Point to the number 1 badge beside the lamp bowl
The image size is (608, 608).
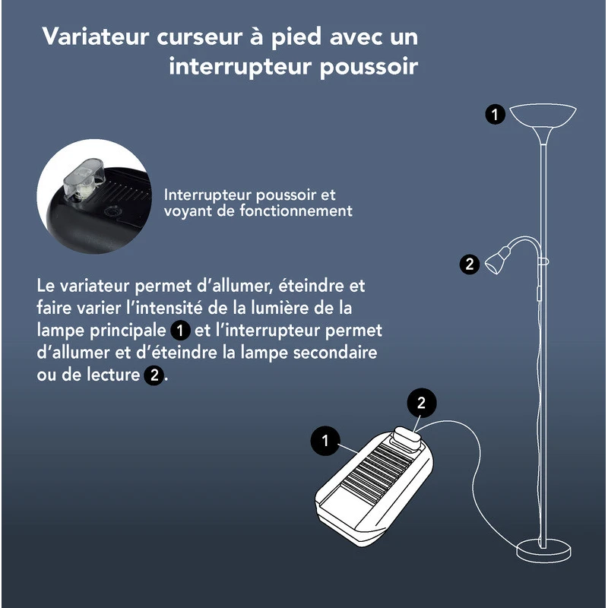[x=496, y=115]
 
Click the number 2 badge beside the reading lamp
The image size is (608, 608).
[x=470, y=264]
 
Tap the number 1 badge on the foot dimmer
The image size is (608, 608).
[x=325, y=440]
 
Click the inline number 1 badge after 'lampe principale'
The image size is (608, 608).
[x=179, y=331]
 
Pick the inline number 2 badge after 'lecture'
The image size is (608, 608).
[x=154, y=375]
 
